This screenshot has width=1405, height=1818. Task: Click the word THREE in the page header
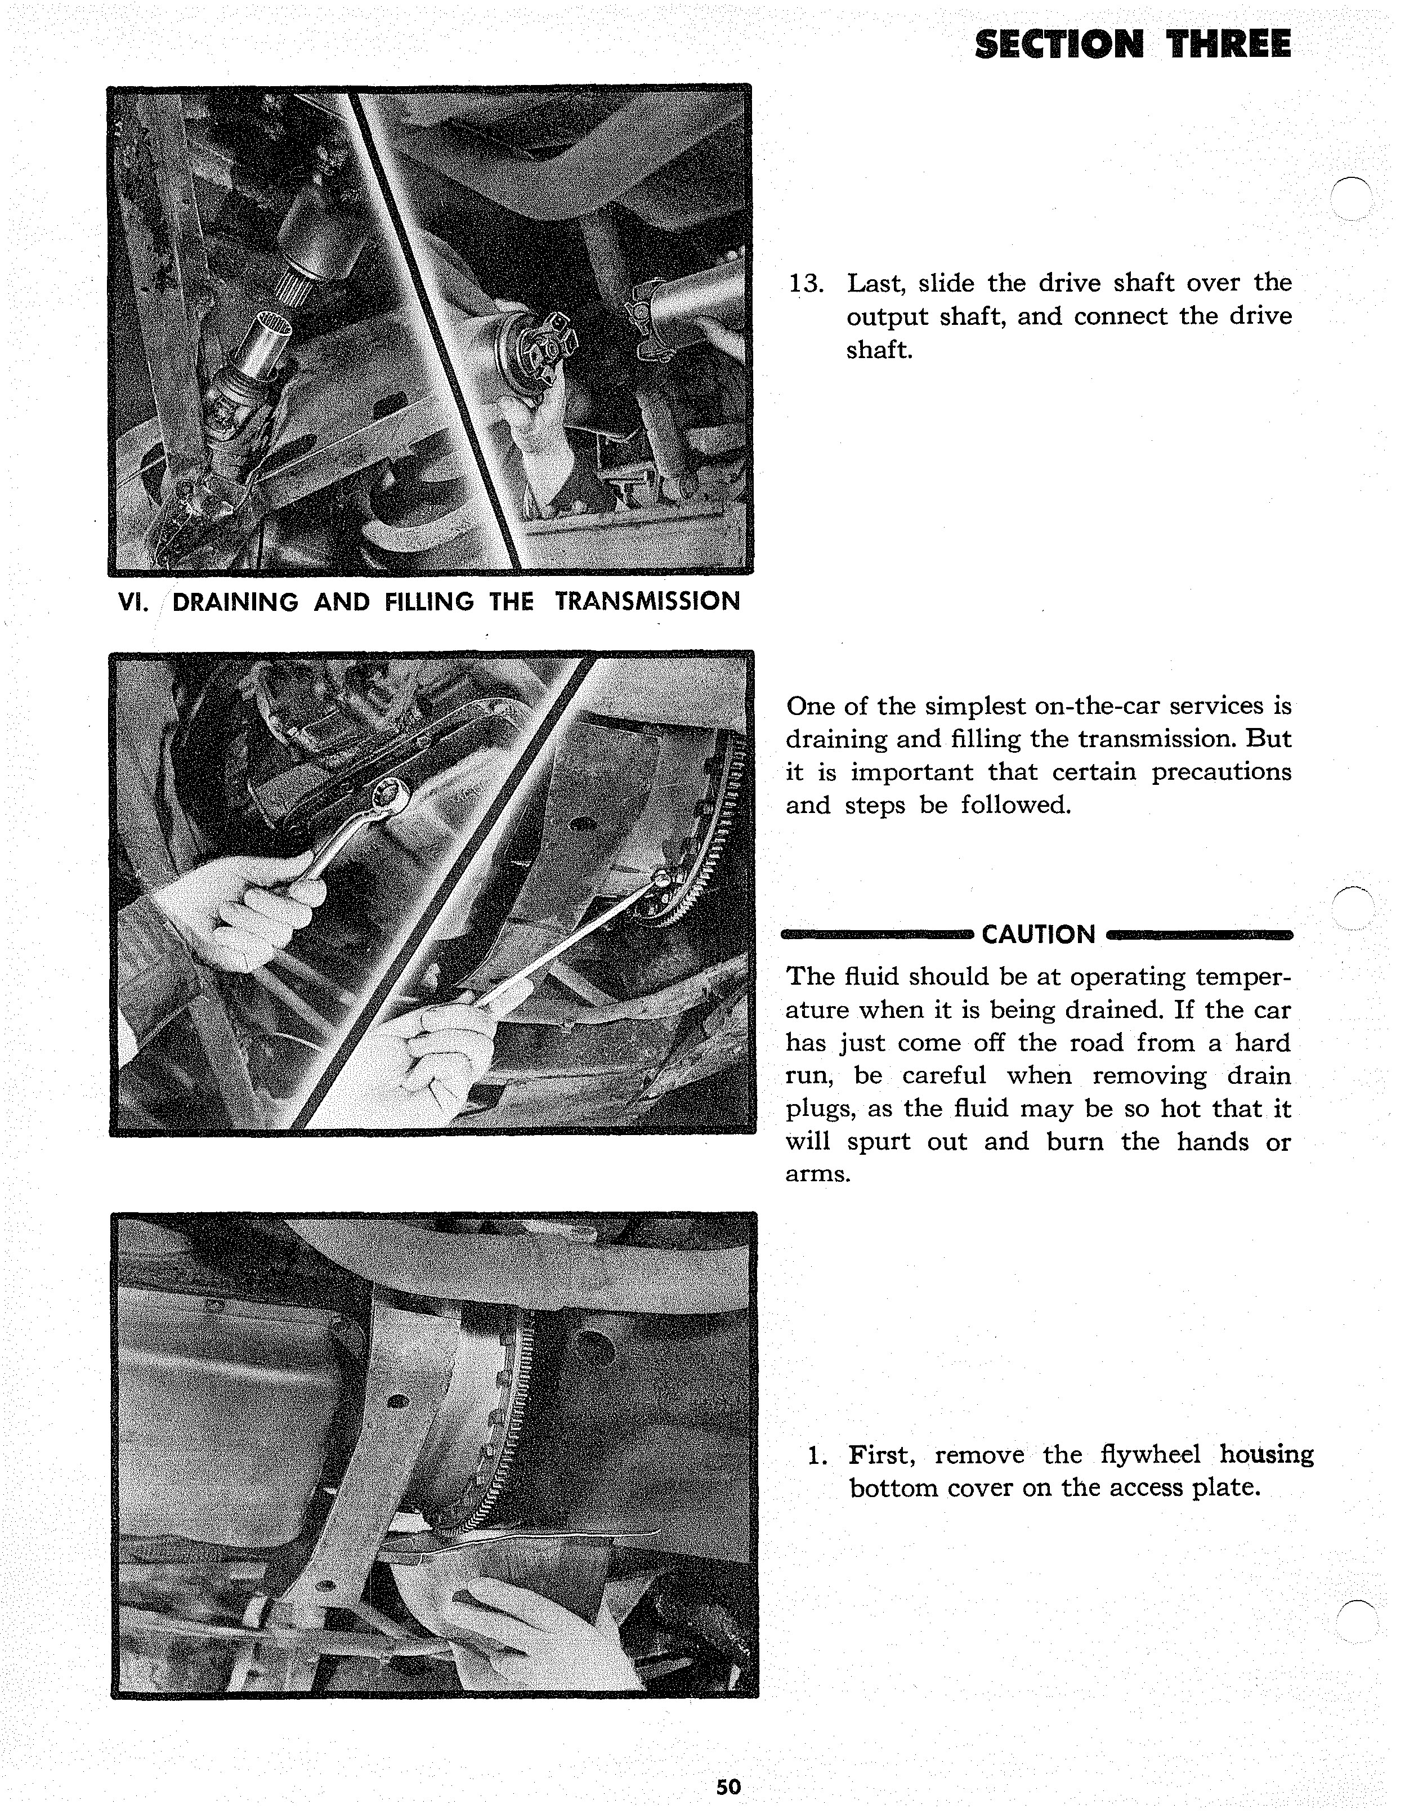[x=1229, y=44]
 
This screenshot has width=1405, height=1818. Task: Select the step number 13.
[x=805, y=284]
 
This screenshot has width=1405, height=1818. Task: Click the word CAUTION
[x=1039, y=935]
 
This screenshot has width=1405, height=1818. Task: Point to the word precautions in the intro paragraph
[x=1221, y=772]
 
